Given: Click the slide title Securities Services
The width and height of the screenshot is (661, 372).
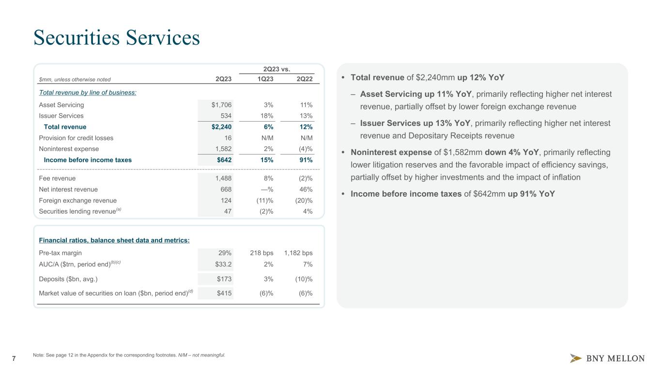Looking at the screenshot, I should coord(116,38).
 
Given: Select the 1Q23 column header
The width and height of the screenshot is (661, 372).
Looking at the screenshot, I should coord(265,79).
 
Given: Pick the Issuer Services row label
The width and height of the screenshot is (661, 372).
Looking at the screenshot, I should coord(61,116).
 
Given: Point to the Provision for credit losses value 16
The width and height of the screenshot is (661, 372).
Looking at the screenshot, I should coord(228,138).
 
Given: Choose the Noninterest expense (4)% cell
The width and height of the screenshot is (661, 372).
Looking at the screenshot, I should coord(303,149).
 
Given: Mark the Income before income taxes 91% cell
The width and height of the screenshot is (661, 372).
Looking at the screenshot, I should coord(305,160).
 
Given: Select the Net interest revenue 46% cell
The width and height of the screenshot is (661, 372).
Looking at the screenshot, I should coord(306,189).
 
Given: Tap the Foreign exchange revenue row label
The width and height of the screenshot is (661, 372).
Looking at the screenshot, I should coord(77,201).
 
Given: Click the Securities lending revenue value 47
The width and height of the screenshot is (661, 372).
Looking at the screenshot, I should coord(227,211).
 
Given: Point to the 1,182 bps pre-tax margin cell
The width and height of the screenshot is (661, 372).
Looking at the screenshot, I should coord(298,253).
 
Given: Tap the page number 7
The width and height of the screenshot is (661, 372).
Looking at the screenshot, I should coord(14,358).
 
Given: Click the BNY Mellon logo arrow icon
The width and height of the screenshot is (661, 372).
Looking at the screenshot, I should coord(576,358).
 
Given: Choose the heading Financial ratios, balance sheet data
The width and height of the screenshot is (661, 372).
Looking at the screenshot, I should coord(114,240).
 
